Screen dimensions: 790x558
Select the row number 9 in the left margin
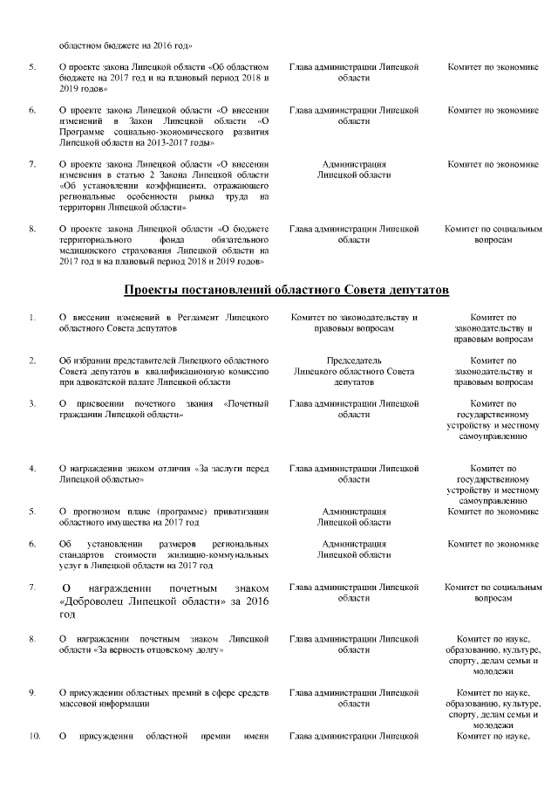(32, 691)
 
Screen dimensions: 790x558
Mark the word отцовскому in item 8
(162, 650)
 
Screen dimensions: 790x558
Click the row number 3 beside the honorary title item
(32, 403)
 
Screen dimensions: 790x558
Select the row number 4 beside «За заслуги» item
(32, 469)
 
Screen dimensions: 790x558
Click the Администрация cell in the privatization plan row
(354, 511)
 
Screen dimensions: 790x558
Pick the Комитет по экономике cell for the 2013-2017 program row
(493, 110)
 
